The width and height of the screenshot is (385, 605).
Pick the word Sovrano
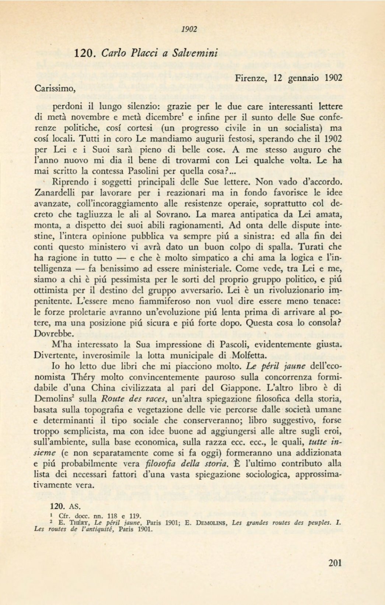click(176, 214)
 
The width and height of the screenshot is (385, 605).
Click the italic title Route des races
click(133, 399)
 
